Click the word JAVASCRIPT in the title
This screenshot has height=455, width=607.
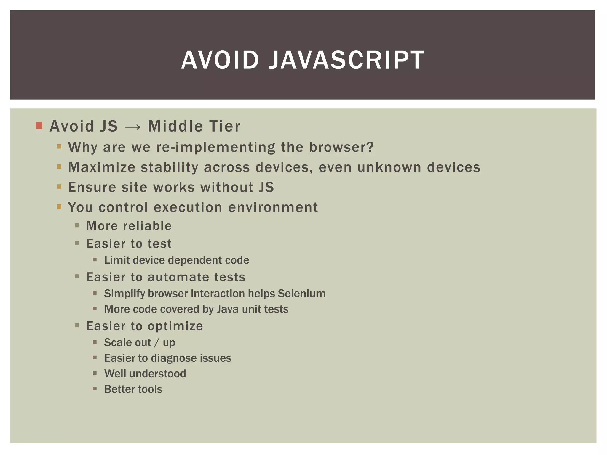(346, 60)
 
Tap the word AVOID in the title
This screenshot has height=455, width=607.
(220, 60)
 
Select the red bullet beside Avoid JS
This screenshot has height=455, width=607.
(39, 125)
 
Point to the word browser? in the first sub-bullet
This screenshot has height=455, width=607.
(341, 147)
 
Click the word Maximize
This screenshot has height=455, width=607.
(102, 167)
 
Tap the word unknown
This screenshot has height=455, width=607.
(389, 167)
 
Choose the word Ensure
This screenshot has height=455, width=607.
(92, 187)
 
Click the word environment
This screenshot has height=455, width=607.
(273, 207)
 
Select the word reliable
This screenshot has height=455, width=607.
(147, 226)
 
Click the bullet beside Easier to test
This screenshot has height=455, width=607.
(77, 243)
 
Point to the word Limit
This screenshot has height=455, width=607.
(117, 260)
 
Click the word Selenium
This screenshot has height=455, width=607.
(302, 294)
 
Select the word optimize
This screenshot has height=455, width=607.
(175, 326)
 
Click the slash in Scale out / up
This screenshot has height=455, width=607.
(157, 343)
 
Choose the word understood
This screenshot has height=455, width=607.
(158, 374)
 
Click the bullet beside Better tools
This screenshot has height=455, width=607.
(95, 389)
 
